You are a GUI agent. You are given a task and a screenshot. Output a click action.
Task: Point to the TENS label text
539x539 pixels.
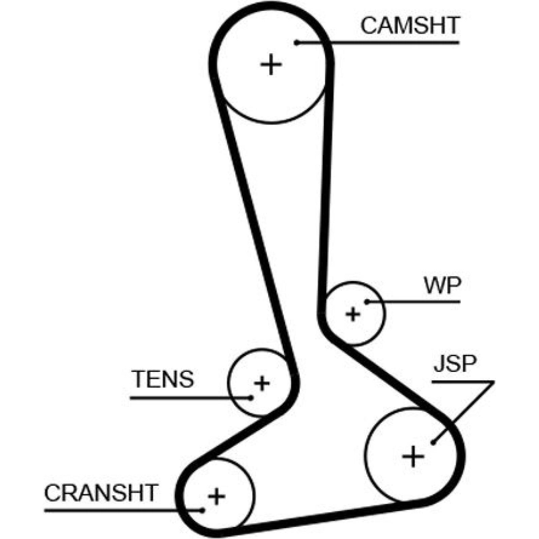pyautogui.click(x=163, y=379)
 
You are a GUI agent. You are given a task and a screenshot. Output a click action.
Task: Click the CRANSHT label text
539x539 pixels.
pyautogui.click(x=100, y=493)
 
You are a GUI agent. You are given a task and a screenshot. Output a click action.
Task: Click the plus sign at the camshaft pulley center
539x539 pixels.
pyautogui.click(x=271, y=64)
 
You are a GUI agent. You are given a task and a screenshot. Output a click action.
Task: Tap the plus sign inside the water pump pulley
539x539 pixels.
pyautogui.click(x=353, y=314)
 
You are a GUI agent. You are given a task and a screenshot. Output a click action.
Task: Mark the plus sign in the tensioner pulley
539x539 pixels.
pyautogui.click(x=262, y=383)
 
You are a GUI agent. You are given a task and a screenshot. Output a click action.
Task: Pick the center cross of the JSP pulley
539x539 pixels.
pyautogui.click(x=413, y=456)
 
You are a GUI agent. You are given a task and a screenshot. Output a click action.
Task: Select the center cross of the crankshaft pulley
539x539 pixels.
pyautogui.click(x=217, y=496)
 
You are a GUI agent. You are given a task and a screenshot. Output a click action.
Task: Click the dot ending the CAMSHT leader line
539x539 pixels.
pyautogui.click(x=297, y=43)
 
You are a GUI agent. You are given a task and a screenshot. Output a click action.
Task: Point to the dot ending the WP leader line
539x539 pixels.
pyautogui.click(x=367, y=302)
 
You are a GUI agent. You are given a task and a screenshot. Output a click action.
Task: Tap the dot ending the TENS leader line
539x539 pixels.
pyautogui.click(x=251, y=398)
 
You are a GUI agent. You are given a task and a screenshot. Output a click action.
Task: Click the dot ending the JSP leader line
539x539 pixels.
pyautogui.click(x=434, y=442)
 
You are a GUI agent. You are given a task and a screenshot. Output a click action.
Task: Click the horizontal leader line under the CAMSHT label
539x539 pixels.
pyautogui.click(x=378, y=43)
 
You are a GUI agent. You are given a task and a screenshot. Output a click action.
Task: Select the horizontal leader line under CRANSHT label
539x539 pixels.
pyautogui.click(x=123, y=511)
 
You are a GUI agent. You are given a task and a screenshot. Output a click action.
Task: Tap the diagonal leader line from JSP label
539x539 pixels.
pyautogui.click(x=464, y=412)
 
